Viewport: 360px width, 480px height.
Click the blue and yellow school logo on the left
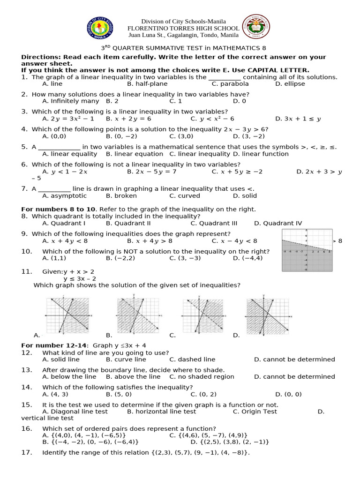pos(100,28)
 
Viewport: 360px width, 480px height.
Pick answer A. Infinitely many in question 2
pos(70,101)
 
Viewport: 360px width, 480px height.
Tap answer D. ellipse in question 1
pos(290,84)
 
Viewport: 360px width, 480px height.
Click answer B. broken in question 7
pos(121,196)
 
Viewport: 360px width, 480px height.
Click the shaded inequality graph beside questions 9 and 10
pos(307,250)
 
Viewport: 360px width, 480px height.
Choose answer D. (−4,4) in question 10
pos(250,258)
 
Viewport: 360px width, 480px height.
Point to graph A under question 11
pos(67,315)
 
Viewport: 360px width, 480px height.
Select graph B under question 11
pos(138,315)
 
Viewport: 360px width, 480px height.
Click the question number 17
pos(26,452)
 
